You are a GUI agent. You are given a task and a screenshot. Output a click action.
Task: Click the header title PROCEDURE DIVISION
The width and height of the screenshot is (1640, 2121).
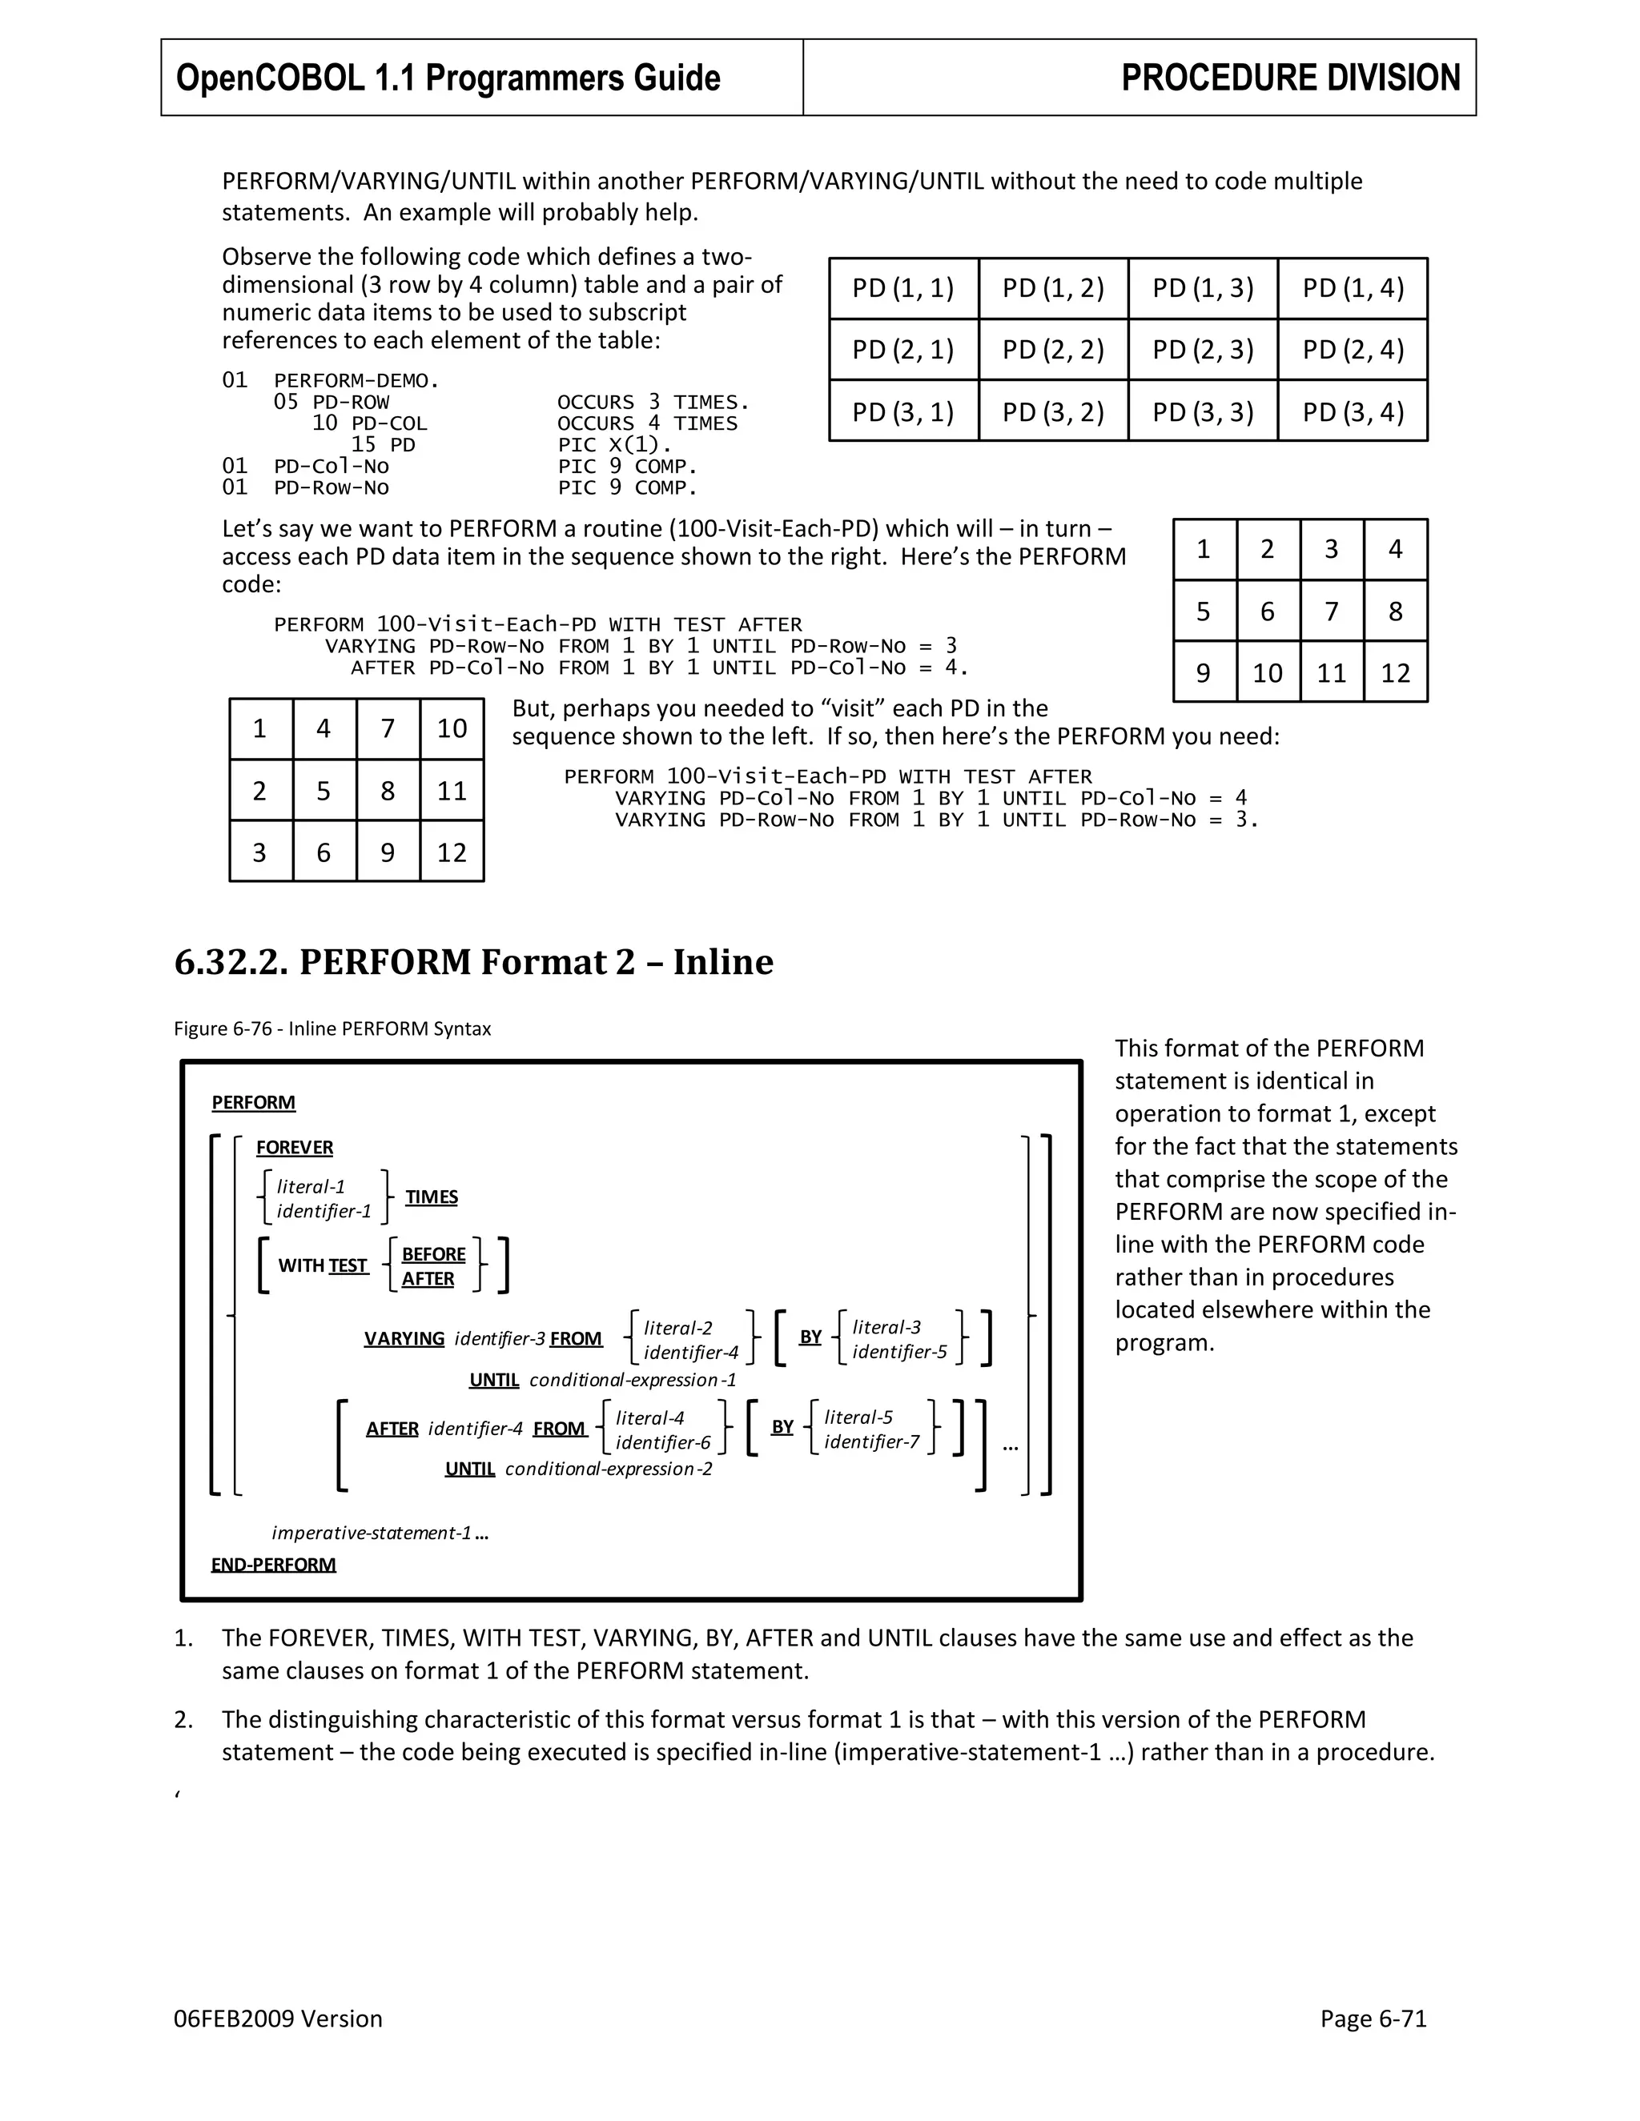click(1290, 78)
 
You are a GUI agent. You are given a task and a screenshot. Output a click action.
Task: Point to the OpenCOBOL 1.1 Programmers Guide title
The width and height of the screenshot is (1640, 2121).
click(448, 78)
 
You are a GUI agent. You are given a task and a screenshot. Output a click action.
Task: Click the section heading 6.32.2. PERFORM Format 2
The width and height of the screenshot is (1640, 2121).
click(473, 961)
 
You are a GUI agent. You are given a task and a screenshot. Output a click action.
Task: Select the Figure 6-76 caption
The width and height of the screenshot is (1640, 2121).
click(332, 1028)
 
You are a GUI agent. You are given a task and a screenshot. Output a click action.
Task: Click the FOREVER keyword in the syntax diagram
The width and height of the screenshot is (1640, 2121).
click(295, 1147)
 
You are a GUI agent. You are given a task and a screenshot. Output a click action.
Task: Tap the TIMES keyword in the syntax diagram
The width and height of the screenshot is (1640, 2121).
click(432, 1197)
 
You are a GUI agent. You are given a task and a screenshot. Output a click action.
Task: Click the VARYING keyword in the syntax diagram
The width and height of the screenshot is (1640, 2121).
click(404, 1338)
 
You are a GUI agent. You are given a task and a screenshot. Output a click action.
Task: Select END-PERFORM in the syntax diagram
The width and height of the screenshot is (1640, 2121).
click(273, 1565)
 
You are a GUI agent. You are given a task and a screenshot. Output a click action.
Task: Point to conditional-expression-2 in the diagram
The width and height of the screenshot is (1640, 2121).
click(609, 1469)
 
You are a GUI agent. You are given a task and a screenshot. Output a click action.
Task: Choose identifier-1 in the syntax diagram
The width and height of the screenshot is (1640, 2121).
click(324, 1211)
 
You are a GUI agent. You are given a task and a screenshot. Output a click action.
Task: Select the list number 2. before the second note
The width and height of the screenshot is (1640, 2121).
click(183, 1720)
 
